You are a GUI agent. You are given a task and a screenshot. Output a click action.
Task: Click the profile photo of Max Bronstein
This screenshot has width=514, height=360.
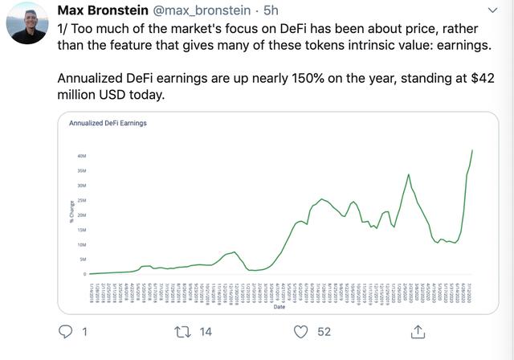click(27, 22)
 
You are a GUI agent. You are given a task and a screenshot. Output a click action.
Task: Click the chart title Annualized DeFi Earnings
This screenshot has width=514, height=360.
click(108, 124)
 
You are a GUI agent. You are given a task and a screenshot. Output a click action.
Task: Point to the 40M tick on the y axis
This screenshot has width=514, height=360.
click(82, 156)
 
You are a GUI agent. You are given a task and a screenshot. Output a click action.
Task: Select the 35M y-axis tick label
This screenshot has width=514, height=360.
click(82, 170)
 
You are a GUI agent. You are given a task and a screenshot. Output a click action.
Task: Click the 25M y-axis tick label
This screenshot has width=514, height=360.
click(82, 200)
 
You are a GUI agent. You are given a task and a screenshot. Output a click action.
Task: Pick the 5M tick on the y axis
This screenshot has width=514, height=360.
click(83, 260)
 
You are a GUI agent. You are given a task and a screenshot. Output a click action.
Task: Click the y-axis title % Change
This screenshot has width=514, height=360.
click(71, 212)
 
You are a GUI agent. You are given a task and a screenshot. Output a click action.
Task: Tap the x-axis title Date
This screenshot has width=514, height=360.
click(279, 306)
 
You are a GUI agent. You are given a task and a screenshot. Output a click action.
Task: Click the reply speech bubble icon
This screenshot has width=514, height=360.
click(67, 331)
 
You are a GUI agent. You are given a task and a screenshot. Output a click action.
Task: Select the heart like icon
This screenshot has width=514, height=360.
click(300, 331)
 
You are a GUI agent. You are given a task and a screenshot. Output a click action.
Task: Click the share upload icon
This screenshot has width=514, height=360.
click(418, 330)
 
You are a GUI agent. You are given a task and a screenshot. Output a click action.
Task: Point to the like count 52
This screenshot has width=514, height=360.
click(324, 331)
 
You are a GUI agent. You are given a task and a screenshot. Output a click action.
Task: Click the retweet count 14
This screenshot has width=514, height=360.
click(206, 331)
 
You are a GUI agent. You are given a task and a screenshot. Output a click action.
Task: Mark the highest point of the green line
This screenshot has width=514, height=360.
click(472, 149)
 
